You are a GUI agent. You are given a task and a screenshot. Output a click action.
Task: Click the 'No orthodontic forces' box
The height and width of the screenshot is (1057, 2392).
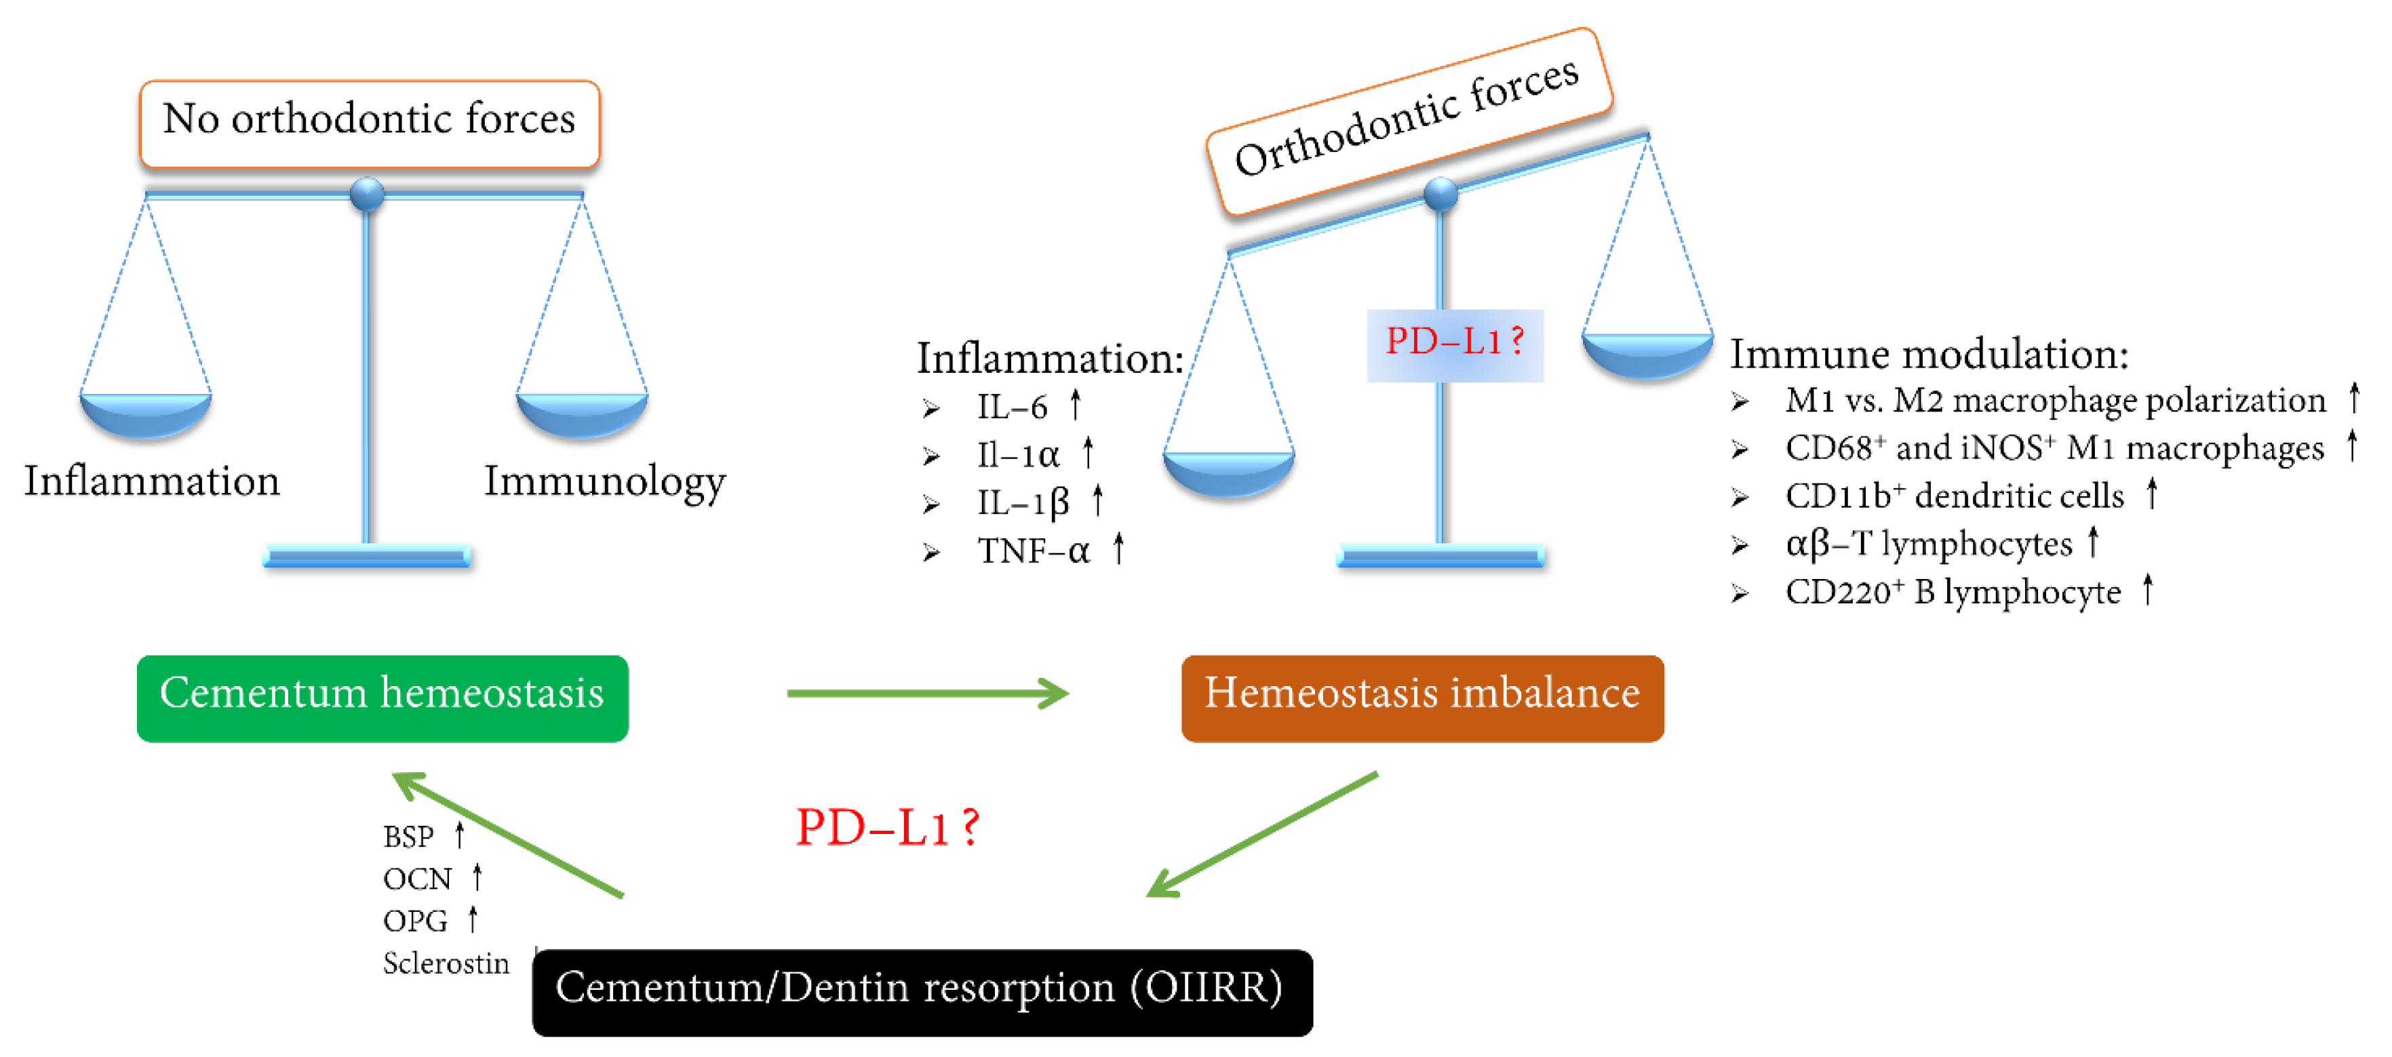pyautogui.click(x=370, y=123)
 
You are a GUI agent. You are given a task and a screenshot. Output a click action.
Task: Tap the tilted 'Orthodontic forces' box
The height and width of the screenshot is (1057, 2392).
pyautogui.click(x=1408, y=121)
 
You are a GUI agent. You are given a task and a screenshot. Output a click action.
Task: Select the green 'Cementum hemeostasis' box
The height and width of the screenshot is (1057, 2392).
pyautogui.click(x=382, y=698)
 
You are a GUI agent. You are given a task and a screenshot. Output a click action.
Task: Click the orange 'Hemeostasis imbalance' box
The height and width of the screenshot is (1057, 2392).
pyautogui.click(x=1422, y=698)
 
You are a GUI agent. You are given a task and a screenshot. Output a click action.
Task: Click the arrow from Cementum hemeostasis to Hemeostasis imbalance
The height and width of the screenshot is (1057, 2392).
pyautogui.click(x=926, y=692)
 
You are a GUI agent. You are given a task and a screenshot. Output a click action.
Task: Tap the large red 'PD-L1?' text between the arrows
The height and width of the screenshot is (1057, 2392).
pyautogui.click(x=887, y=827)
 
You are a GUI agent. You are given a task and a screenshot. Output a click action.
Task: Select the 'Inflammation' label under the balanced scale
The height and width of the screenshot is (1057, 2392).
pyautogui.click(x=151, y=481)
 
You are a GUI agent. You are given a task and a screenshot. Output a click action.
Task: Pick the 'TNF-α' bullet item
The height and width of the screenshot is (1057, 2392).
pyautogui.click(x=1033, y=551)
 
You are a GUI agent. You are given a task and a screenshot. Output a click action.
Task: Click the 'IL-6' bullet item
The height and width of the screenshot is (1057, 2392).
pyautogui.click(x=1011, y=407)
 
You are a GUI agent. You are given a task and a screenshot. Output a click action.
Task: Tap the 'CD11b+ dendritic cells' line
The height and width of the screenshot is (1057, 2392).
pyautogui.click(x=1954, y=496)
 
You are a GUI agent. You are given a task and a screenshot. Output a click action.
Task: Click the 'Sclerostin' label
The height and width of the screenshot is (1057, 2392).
pyautogui.click(x=446, y=963)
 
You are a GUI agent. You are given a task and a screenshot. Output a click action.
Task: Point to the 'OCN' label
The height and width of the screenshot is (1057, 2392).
pyautogui.click(x=417, y=878)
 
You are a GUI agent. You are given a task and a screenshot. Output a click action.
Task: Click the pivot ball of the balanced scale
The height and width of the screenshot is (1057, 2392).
pyautogui.click(x=367, y=194)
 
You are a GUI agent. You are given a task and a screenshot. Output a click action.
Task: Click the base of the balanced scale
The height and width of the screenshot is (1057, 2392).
pyautogui.click(x=367, y=557)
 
